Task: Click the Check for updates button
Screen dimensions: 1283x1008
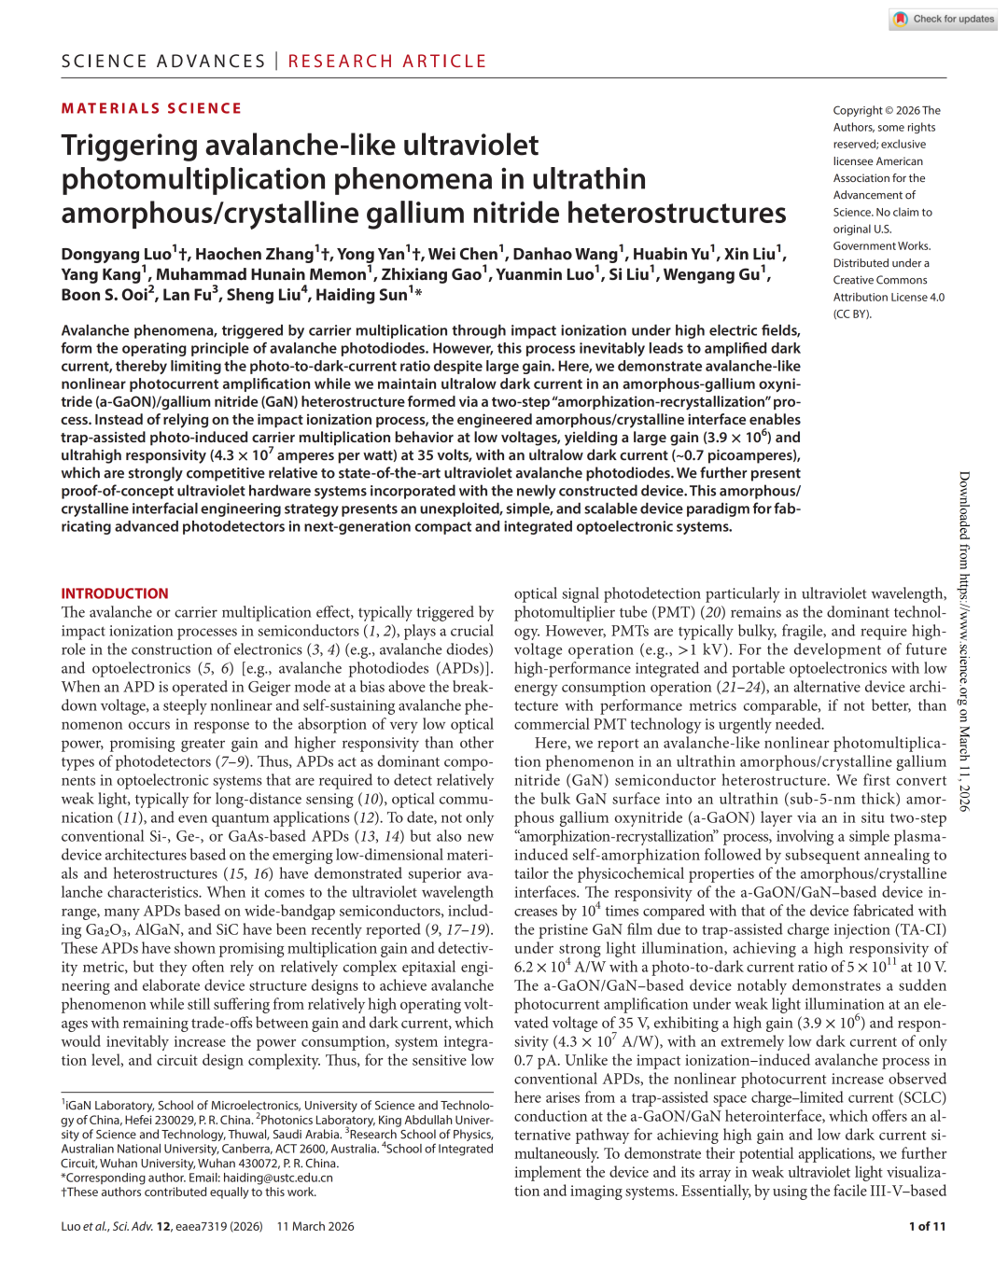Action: (944, 19)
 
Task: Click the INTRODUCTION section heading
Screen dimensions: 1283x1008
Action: (115, 593)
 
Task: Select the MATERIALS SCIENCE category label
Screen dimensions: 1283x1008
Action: (151, 108)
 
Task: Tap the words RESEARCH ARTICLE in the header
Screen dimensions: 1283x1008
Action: (387, 62)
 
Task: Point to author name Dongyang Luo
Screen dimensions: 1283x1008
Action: (117, 254)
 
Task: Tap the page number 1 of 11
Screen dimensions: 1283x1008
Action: (927, 1226)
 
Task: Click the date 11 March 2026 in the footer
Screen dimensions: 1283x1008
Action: (315, 1226)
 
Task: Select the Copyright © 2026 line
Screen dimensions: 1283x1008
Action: (887, 110)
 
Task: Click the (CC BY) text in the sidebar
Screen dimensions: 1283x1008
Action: (852, 314)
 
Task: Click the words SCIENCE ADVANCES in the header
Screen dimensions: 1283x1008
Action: (163, 62)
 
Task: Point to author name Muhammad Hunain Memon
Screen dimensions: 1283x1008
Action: (261, 274)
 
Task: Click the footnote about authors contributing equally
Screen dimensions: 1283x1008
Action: (189, 1192)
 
